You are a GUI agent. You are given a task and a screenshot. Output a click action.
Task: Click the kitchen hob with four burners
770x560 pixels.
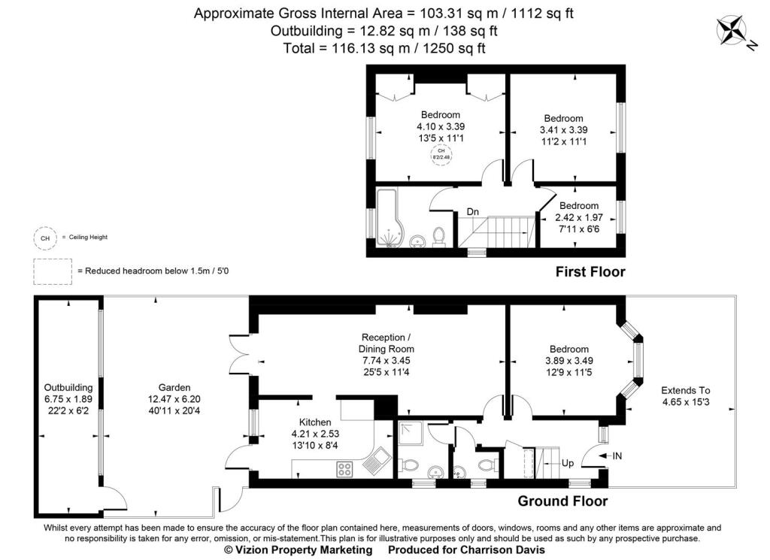coord(346,469)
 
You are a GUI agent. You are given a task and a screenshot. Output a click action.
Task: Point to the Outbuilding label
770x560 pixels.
coord(68,387)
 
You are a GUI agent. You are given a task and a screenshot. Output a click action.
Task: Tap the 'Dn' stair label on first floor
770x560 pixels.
coord(473,213)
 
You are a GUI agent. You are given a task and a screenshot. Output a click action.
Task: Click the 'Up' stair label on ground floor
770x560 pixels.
coord(568,464)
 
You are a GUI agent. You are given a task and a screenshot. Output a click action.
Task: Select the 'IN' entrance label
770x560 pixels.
coord(617,456)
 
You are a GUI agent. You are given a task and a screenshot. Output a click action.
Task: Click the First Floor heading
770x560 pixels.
coord(590,271)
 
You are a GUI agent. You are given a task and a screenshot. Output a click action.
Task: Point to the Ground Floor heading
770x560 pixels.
coord(562,501)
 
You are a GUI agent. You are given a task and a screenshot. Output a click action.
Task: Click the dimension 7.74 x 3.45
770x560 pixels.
coord(386,361)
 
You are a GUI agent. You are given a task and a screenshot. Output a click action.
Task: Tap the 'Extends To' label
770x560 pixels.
coord(685,390)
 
